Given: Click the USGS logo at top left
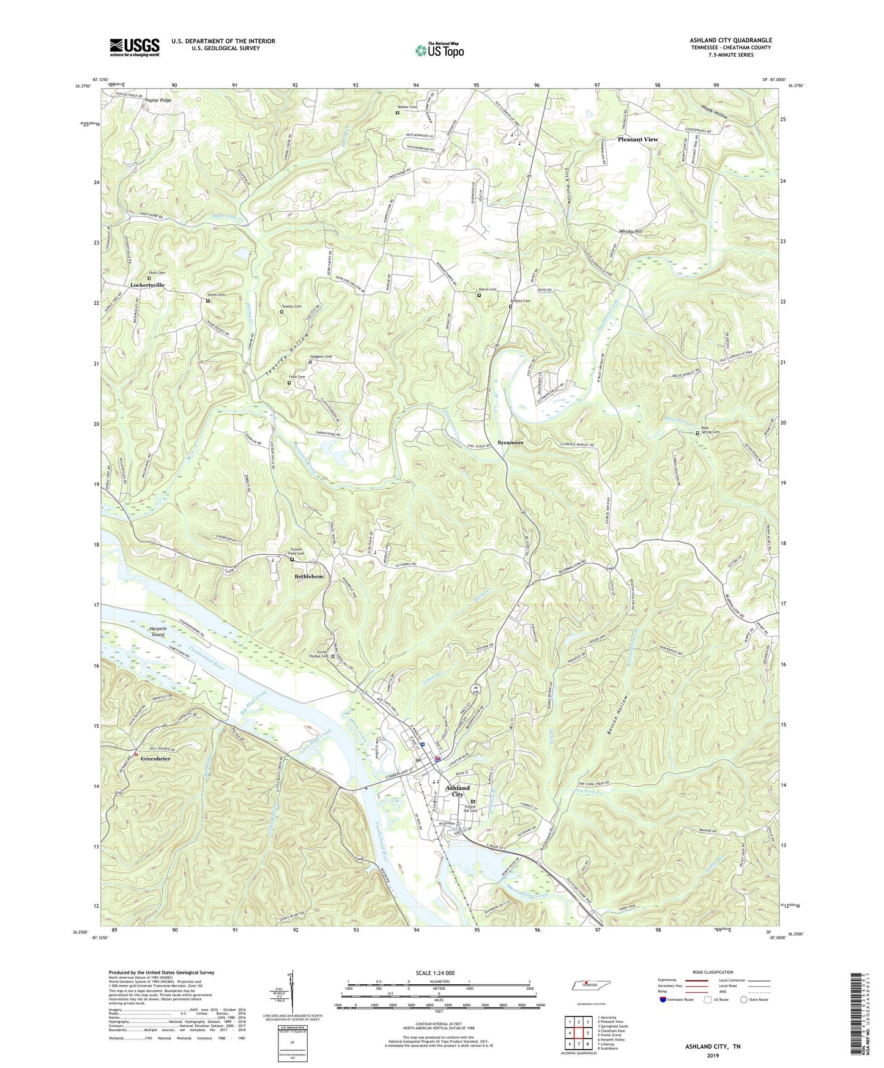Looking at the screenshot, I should (135, 46).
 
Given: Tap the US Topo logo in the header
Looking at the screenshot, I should (439, 51).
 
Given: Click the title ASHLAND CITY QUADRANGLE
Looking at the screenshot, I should (730, 40).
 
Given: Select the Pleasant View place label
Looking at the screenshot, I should (637, 139).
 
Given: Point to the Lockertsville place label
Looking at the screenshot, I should (147, 285).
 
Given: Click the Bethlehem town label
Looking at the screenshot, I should (308, 577).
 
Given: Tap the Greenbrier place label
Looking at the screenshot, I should (155, 758).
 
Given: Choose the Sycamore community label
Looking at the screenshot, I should (510, 442).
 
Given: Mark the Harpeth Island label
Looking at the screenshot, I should (158, 632).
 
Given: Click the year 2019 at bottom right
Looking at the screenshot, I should (713, 1055).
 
